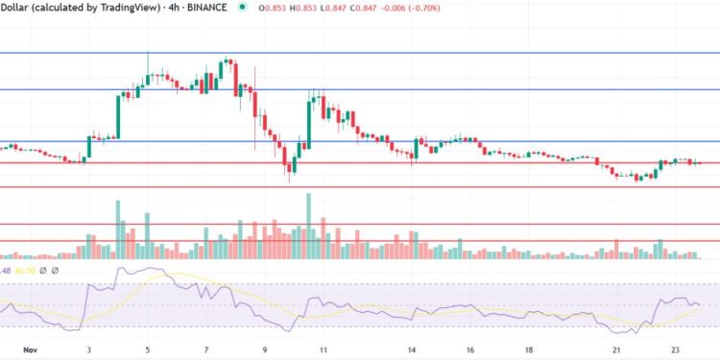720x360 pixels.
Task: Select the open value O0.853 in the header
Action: click(276, 8)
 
